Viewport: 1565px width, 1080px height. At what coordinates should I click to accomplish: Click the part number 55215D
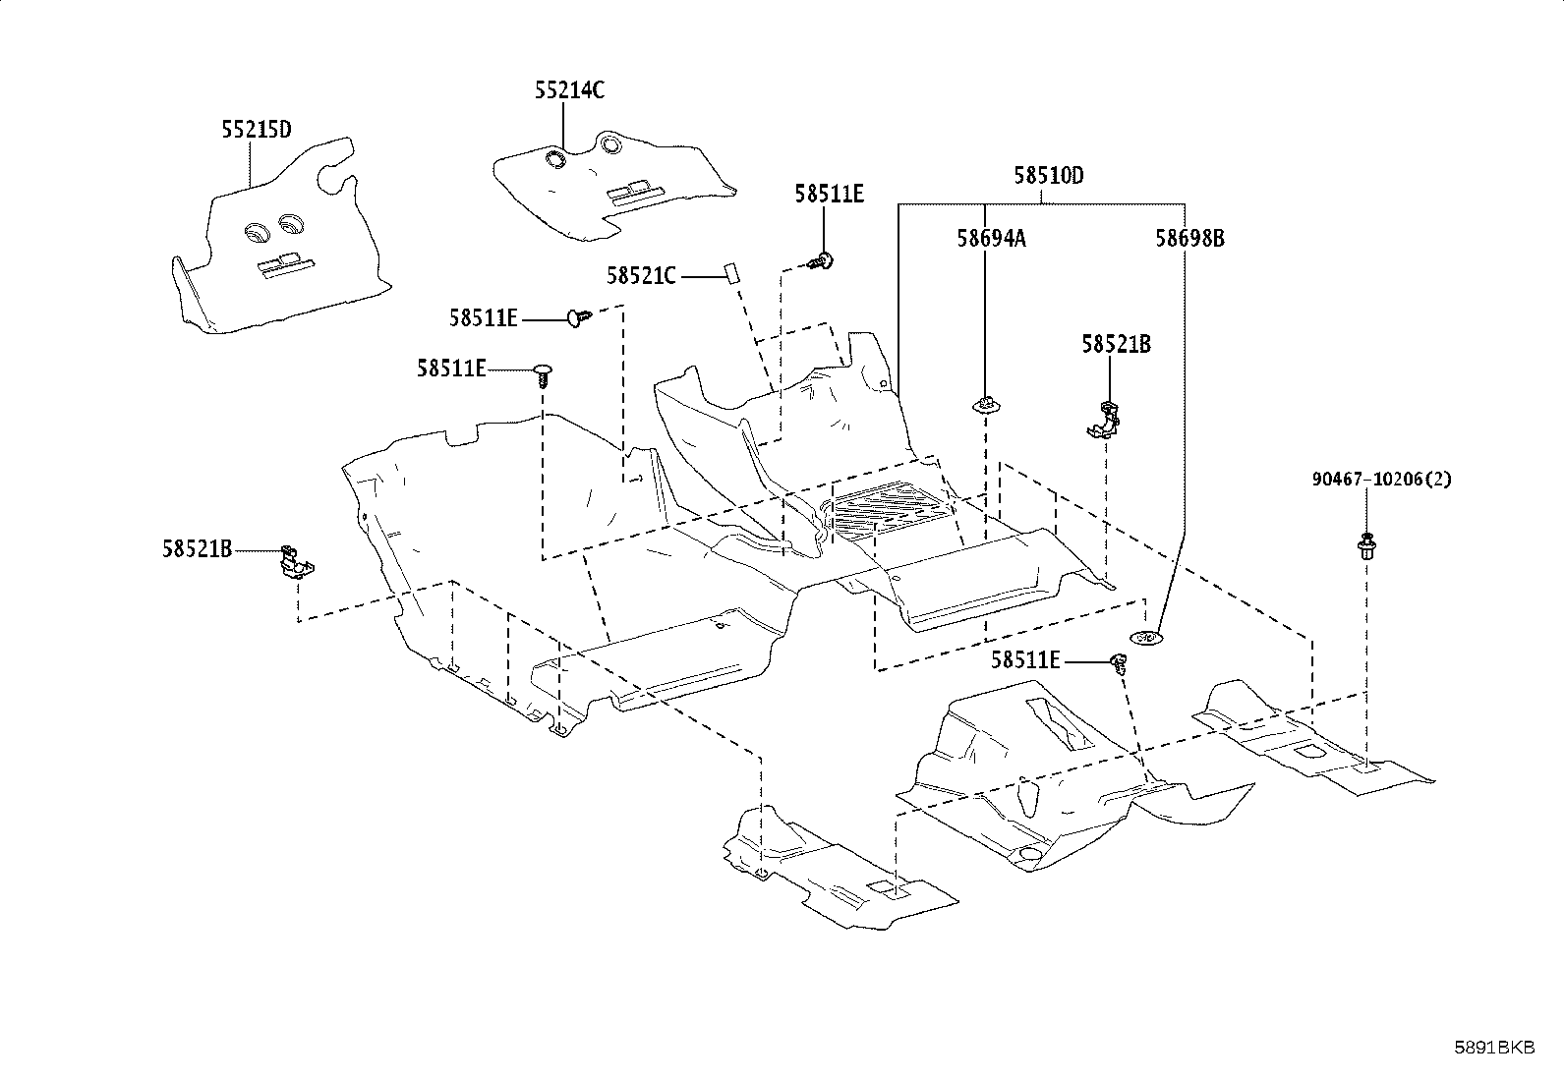click(257, 130)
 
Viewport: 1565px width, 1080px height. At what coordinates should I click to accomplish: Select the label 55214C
click(569, 90)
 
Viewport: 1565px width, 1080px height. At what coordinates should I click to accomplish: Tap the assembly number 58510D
click(1049, 175)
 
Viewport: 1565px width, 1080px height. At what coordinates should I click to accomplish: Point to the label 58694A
click(992, 239)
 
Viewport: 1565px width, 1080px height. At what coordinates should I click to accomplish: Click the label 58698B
click(1189, 239)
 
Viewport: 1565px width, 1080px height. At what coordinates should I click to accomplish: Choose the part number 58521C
click(641, 277)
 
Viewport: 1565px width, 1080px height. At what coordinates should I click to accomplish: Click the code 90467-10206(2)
click(1381, 480)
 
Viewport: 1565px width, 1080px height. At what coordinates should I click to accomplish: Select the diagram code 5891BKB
click(1495, 1048)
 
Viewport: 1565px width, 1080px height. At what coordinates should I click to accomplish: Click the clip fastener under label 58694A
click(985, 406)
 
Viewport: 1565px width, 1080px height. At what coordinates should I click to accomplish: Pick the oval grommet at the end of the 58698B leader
click(1146, 637)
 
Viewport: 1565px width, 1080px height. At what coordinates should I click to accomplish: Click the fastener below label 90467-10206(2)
click(1365, 544)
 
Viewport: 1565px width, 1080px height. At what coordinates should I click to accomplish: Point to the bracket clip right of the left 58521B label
click(296, 562)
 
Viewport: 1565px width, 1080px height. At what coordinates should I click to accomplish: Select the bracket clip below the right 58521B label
click(1104, 420)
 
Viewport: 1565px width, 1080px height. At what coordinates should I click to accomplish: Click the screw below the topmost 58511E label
click(821, 262)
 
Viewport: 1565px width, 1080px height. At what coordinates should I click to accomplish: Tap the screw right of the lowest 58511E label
click(1120, 663)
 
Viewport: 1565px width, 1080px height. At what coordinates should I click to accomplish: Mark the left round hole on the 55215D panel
click(256, 233)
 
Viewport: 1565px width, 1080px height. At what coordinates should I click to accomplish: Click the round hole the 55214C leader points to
click(556, 159)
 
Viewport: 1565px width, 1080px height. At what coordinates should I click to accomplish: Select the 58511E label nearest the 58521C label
click(830, 195)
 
